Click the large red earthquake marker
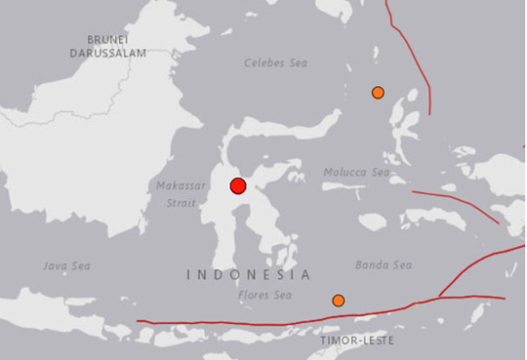tap(238, 185)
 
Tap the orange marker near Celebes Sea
tap(378, 92)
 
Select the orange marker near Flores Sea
tap(338, 300)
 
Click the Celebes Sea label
tap(276, 63)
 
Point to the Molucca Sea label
tap(357, 172)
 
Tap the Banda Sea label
tap(384, 264)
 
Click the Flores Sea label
tap(265, 295)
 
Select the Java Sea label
tap(67, 266)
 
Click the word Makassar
tap(175, 185)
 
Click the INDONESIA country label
tap(249, 275)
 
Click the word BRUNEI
tap(108, 39)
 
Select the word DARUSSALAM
tap(108, 53)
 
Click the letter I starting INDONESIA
tap(189, 275)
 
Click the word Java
tap(56, 266)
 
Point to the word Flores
tap(255, 295)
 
